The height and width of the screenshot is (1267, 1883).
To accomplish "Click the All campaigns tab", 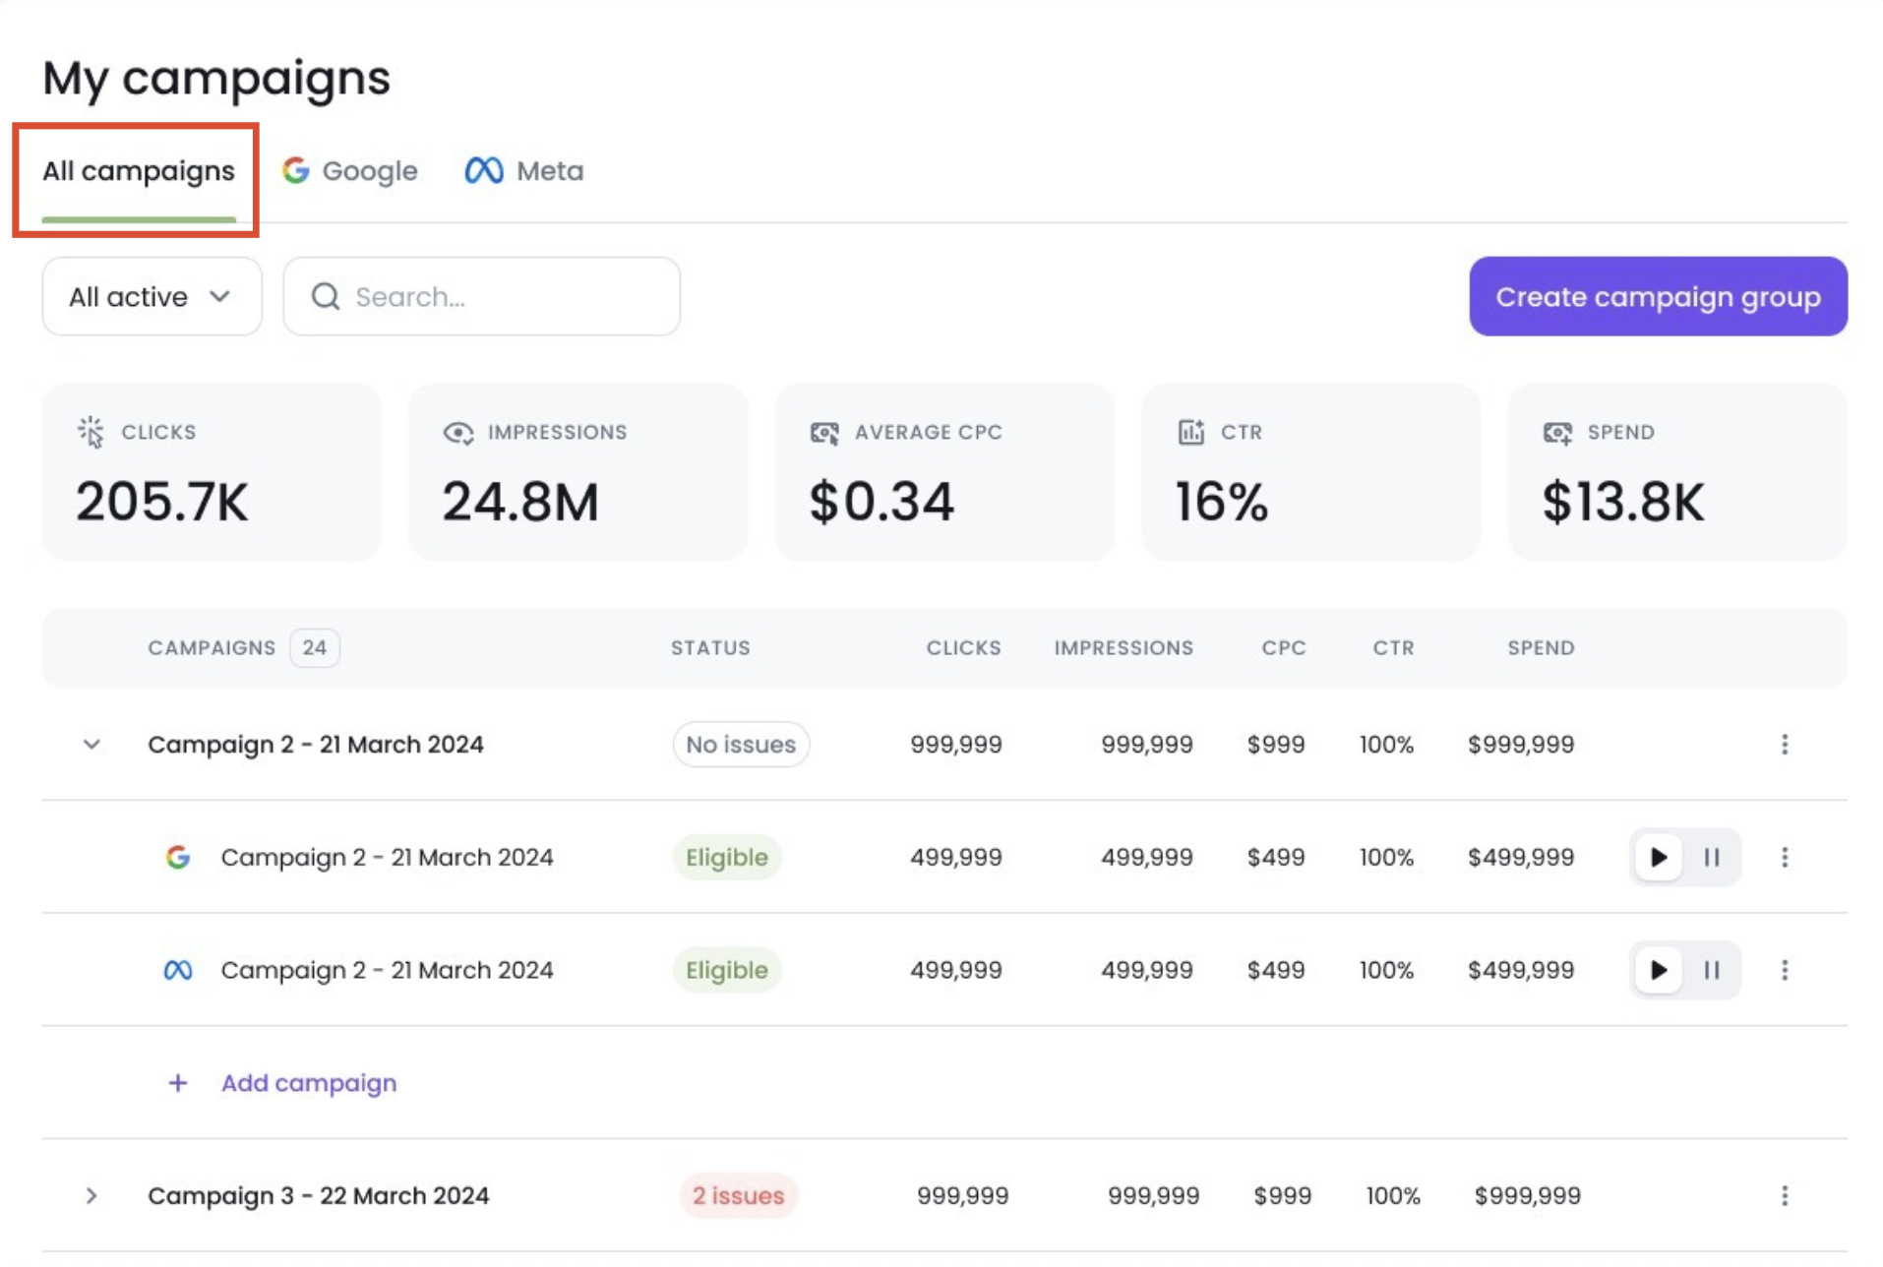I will point(138,171).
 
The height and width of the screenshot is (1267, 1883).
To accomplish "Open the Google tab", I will point(350,171).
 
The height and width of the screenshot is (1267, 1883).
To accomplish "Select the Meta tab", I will point(524,171).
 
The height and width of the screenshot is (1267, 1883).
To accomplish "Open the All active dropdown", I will point(152,297).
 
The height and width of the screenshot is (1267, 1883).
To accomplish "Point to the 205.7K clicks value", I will point(162,502).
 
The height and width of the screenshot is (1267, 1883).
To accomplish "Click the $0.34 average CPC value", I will point(881,502).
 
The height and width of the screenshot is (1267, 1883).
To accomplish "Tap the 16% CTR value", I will point(1222,502).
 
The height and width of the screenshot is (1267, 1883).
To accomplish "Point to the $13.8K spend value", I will point(1623,502).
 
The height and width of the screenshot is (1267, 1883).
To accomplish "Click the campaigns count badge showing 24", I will point(314,647).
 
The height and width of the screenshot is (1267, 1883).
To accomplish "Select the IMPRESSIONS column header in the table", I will point(1124,647).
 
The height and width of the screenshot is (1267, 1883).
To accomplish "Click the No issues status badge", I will point(741,745).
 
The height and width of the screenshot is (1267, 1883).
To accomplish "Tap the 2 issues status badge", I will point(738,1195).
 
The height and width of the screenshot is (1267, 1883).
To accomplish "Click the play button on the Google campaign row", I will point(1659,858).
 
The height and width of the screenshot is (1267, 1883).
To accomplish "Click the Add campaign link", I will point(308,1083).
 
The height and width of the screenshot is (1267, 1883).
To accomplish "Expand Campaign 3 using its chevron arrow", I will point(91,1195).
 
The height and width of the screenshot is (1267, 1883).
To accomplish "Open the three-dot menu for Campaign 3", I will point(1785,1195).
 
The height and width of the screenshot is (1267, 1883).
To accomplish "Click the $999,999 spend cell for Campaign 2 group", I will point(1521,745).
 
